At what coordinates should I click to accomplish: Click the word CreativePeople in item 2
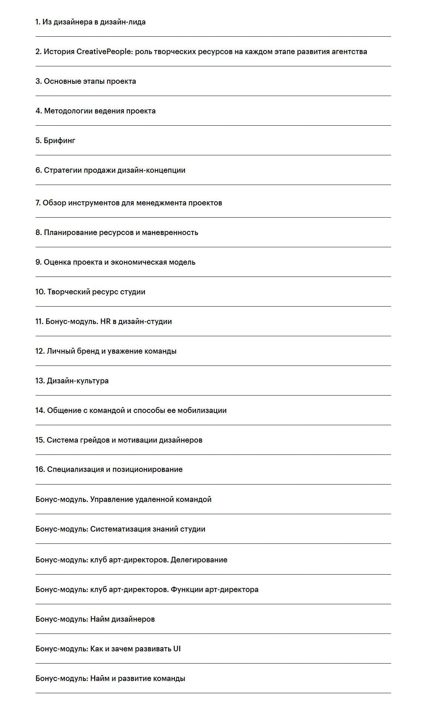104,52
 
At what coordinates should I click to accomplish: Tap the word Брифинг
60,140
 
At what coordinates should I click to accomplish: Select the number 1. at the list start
38,22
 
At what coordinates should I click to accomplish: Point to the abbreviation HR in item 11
106,321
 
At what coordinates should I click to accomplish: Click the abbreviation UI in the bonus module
177,649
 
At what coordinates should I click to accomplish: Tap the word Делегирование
199,560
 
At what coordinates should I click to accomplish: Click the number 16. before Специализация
40,469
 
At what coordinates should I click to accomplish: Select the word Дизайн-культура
77,381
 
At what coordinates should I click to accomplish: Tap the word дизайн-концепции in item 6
151,170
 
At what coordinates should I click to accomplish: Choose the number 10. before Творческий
40,292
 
